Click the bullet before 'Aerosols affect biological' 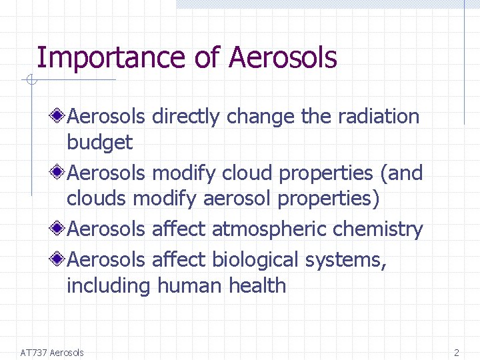pyautogui.click(x=59, y=259)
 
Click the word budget pyautogui.click(x=99, y=143)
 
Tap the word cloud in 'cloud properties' pyautogui.click(x=247, y=173)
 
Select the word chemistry pyautogui.click(x=377, y=230)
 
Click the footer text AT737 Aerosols pyautogui.click(x=52, y=353)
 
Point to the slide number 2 pyautogui.click(x=457, y=353)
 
